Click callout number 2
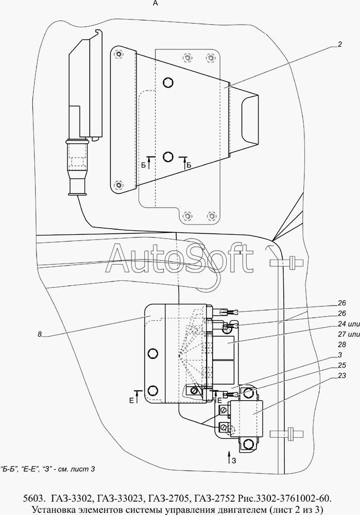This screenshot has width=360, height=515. coord(339,44)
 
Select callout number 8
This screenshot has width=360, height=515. coord(40,334)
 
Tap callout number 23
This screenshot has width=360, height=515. coord(341,375)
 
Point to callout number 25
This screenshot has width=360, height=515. coord(341,365)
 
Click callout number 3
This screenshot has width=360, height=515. coord(339,355)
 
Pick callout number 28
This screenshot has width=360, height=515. coord(341,345)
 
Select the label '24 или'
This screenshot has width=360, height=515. coord(349,324)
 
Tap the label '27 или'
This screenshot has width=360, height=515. coord(349,334)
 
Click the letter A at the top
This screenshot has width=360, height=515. coord(156,3)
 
